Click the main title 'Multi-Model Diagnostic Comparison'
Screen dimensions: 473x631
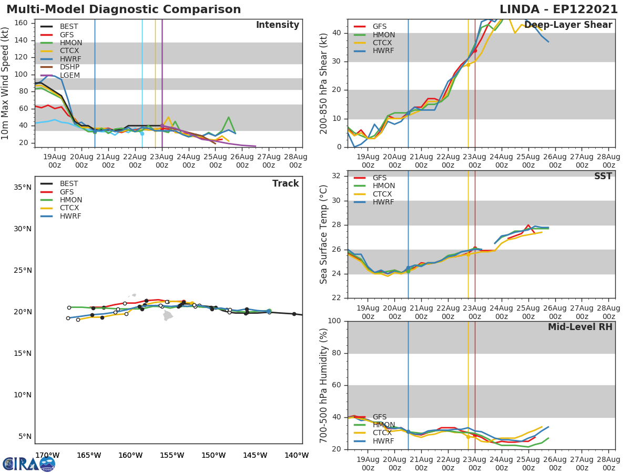pyautogui.click(x=124, y=9)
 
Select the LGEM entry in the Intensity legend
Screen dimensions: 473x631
pyautogui.click(x=69, y=75)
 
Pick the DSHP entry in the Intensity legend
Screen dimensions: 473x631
pyautogui.click(x=69, y=67)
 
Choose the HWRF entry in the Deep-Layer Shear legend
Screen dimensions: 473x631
pyautogui.click(x=383, y=51)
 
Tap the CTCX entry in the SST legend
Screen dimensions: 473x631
pyautogui.click(x=383, y=194)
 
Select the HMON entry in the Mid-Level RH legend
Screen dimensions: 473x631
pyautogui.click(x=383, y=425)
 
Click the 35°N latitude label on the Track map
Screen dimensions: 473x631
pyautogui.click(x=22, y=187)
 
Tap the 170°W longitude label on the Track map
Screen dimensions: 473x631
pyautogui.click(x=47, y=455)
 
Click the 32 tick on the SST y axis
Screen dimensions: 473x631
pyautogui.click(x=336, y=176)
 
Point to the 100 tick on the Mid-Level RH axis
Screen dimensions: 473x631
pyautogui.click(x=334, y=321)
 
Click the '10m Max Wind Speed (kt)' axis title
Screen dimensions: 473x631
pyautogui.click(x=6, y=83)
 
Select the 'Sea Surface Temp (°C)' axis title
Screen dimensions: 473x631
pyautogui.click(x=324, y=234)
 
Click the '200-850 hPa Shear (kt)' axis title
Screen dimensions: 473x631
pyautogui.click(x=324, y=83)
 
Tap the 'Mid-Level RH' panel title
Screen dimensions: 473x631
pyautogui.click(x=579, y=327)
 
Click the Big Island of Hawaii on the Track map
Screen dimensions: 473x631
pyautogui.click(x=168, y=315)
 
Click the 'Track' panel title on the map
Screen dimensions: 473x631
pyautogui.click(x=285, y=183)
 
